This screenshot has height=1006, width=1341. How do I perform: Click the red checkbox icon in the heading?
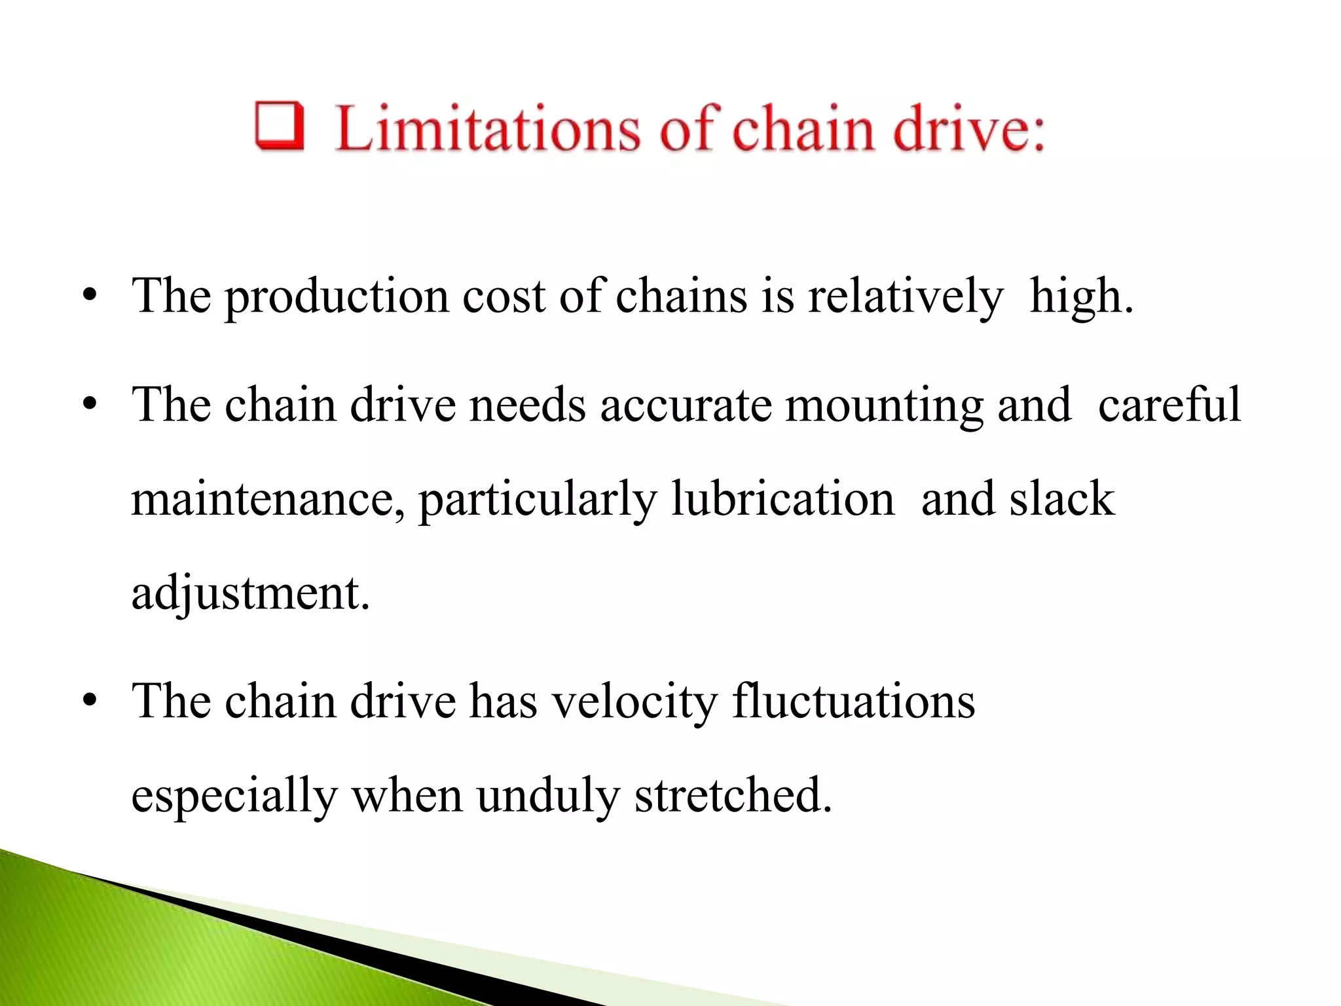point(280,126)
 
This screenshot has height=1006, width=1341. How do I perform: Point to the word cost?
point(504,297)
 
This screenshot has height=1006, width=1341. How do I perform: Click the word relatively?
point(906,297)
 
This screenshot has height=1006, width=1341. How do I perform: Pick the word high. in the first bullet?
point(1081,297)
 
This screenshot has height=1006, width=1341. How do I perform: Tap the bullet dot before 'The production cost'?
point(90,297)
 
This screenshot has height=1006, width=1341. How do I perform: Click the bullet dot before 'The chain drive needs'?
point(90,405)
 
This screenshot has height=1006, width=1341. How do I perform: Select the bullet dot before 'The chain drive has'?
point(90,702)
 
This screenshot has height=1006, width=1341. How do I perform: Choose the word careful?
point(1169,404)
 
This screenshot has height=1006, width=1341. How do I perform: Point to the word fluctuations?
point(853,701)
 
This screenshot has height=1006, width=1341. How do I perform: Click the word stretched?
point(733,796)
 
